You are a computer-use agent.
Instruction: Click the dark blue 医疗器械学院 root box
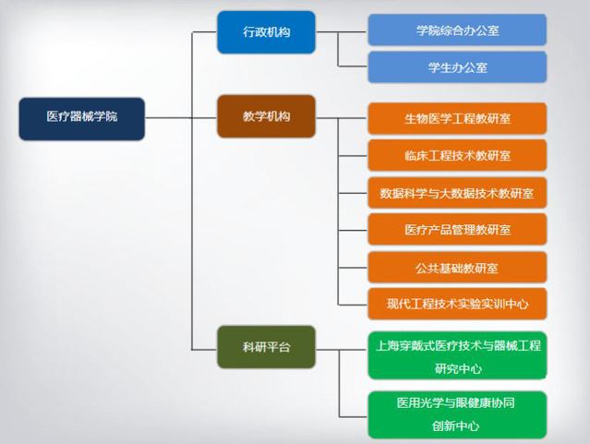(81, 118)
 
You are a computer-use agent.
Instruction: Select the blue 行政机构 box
(266, 32)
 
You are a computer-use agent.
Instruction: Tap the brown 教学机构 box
(266, 117)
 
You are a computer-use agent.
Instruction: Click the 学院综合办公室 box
(457, 30)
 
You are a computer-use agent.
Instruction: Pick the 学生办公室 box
(457, 67)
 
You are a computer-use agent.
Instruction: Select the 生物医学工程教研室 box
(457, 118)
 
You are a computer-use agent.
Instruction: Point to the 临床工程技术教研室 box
(457, 155)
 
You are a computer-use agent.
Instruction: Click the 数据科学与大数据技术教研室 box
(457, 193)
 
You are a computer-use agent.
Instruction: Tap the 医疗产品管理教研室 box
(457, 229)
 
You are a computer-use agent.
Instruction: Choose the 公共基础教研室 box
(457, 268)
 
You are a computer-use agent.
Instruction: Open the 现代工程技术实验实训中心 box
(457, 302)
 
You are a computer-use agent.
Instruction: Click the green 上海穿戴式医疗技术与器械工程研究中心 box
(457, 355)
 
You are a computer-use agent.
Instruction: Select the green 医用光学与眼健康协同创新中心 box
(457, 414)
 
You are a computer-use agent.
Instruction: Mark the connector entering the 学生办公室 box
(353, 67)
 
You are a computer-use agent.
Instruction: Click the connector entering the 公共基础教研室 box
(353, 268)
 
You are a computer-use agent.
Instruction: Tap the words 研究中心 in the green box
(457, 368)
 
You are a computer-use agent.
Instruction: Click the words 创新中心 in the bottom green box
(457, 426)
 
